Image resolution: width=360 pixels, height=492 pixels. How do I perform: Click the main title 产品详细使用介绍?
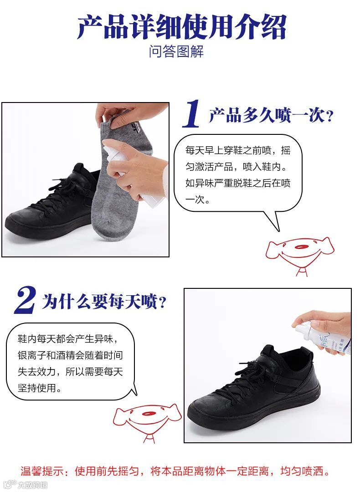click(182, 27)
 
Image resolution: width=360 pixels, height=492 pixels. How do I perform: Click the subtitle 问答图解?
click(176, 51)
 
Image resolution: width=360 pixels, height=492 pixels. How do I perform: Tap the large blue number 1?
click(191, 114)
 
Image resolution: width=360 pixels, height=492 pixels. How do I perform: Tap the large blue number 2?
click(26, 300)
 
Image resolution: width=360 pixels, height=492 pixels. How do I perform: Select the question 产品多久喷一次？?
click(271, 115)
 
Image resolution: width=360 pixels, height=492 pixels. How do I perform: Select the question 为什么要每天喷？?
click(104, 302)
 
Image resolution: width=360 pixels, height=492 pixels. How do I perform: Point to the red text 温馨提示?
click(42, 471)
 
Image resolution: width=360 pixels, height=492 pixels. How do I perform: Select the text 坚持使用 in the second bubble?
click(36, 388)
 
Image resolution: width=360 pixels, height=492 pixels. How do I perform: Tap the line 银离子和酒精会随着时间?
click(70, 355)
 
